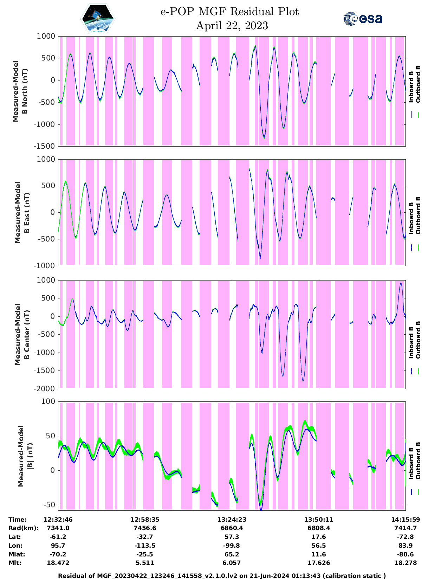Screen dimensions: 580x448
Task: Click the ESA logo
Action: [363, 19]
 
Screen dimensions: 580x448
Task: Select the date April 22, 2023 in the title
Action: [232, 26]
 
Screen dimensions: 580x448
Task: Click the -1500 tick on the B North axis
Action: [45, 146]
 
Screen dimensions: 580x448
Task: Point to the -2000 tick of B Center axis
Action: [45, 389]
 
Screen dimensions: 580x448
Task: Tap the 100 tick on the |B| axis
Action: [49, 401]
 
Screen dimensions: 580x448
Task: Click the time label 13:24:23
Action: [232, 520]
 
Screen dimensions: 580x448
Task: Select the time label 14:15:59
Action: [405, 520]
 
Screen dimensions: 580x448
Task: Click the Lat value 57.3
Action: [232, 537]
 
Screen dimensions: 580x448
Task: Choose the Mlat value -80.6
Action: [405, 554]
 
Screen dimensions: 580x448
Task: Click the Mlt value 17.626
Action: [318, 563]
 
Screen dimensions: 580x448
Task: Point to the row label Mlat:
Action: [17, 554]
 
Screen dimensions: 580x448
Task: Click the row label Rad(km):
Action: [23, 528]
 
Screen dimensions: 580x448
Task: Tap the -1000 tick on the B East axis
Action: [45, 266]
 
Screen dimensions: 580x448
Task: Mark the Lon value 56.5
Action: [318, 546]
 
